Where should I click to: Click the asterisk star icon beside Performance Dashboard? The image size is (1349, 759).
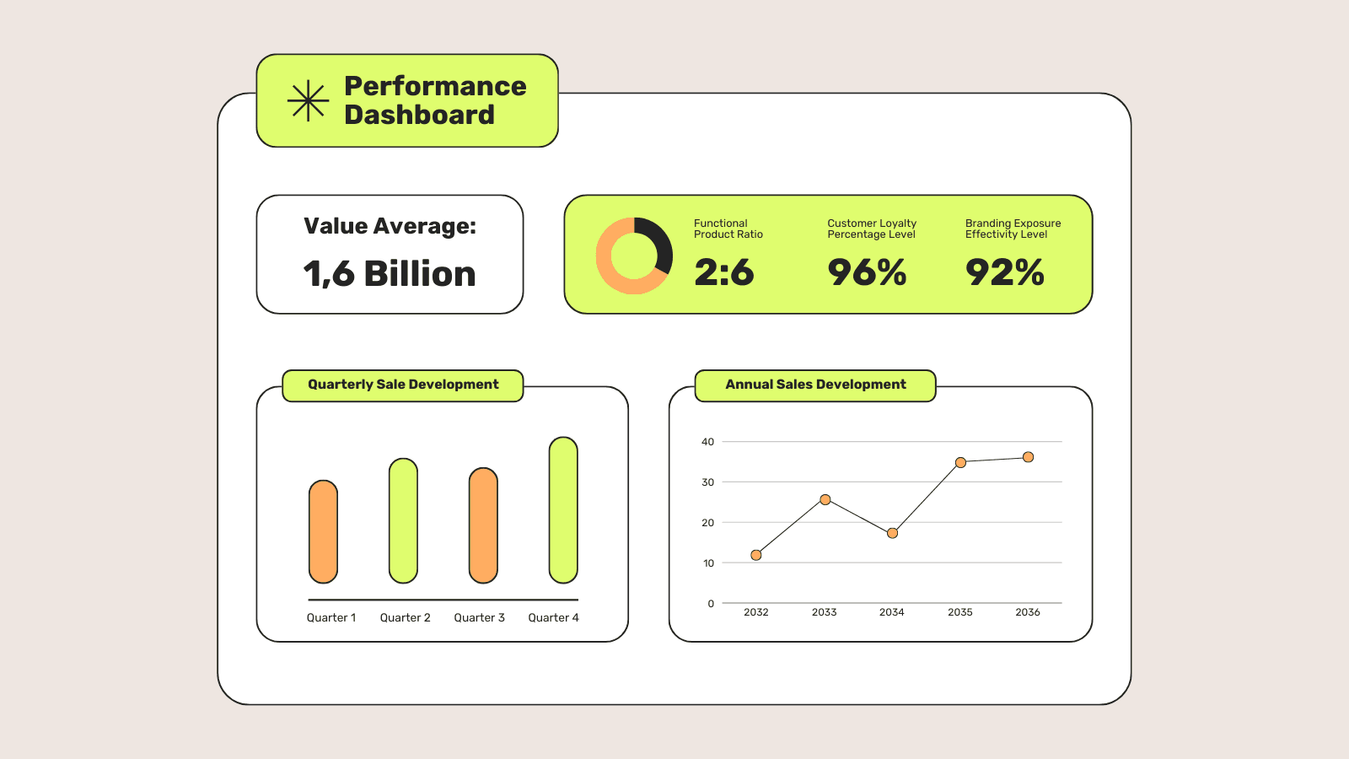[308, 101]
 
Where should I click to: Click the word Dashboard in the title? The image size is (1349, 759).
[419, 115]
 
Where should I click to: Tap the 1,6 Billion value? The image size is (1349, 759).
[390, 274]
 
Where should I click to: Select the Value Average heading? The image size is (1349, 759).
[390, 226]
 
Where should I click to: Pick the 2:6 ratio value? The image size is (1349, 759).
[723, 272]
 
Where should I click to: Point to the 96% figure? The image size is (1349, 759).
[867, 272]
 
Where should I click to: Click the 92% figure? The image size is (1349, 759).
[1004, 272]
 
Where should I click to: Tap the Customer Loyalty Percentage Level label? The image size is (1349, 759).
[871, 229]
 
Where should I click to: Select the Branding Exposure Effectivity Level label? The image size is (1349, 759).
[1013, 229]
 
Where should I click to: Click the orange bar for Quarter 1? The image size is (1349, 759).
[323, 531]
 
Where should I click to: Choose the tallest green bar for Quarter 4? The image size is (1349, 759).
[563, 510]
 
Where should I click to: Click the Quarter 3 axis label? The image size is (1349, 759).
[479, 618]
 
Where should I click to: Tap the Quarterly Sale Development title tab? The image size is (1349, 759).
[403, 385]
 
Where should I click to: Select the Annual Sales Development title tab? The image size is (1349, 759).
[815, 385]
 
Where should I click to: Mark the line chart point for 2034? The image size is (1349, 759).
[892, 533]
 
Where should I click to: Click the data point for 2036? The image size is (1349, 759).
[1028, 457]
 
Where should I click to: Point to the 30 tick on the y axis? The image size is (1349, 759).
[707, 482]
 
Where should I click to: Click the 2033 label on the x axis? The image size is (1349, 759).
[824, 612]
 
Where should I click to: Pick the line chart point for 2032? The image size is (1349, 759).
[756, 555]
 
